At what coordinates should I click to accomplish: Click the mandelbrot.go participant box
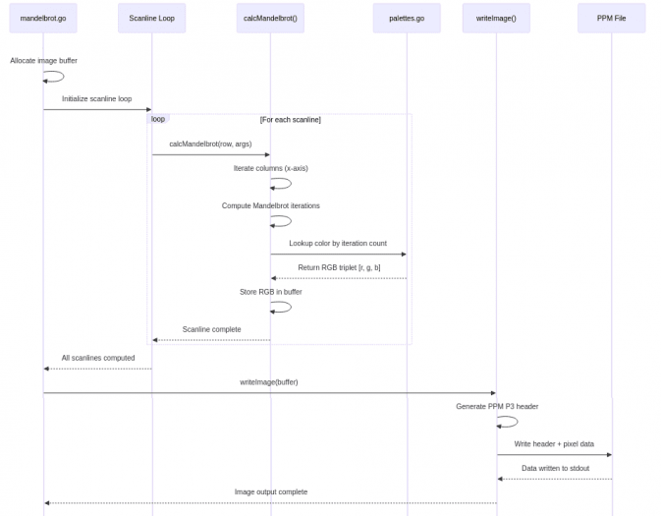coord(43,18)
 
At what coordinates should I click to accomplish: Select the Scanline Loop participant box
coord(151,18)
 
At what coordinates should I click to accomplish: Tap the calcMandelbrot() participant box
coord(270,18)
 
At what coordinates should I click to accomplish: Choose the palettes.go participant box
coord(407,18)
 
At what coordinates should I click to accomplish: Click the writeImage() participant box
coord(496,18)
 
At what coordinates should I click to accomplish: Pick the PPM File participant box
coord(611,18)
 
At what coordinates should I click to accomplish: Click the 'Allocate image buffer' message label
coord(43,61)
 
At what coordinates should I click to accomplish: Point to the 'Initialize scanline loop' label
coord(96,99)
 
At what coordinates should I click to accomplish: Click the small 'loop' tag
coord(158,119)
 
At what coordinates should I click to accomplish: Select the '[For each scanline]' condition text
coord(290,120)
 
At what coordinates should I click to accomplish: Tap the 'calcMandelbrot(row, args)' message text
coord(210,144)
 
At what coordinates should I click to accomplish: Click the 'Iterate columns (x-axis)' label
coord(270,168)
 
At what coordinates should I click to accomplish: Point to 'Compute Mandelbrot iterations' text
coord(270,206)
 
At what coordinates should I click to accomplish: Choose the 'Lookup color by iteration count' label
coord(338,244)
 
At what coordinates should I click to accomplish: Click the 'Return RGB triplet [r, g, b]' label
coord(339,267)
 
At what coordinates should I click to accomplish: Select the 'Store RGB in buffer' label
coord(270,292)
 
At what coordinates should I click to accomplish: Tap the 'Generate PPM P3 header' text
coord(497,407)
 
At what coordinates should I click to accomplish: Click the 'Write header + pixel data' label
coord(554,444)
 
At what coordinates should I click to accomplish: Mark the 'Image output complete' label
coord(270,492)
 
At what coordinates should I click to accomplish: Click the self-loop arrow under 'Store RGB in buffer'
coord(283,307)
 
